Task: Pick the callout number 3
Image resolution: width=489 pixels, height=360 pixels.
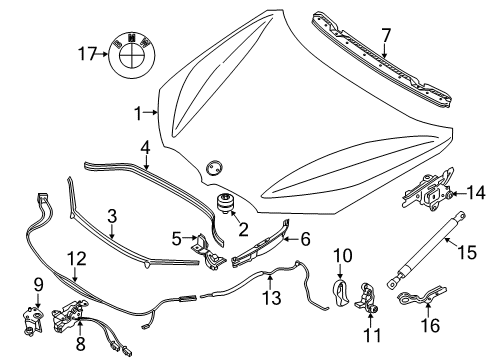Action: [113, 215]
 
